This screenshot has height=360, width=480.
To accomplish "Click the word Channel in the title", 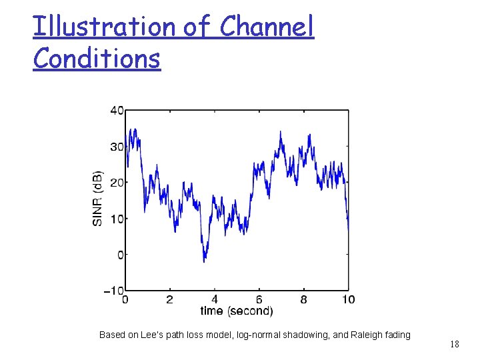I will [x=267, y=27].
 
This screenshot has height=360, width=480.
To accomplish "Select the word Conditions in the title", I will [x=97, y=59].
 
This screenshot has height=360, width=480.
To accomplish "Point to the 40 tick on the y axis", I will [x=116, y=111].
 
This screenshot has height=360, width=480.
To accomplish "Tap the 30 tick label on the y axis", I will [x=116, y=147].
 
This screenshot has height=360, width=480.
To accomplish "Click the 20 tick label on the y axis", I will [x=116, y=183].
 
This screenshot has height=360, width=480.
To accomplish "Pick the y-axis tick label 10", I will [x=116, y=219].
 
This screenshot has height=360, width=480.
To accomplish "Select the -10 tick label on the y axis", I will [x=114, y=291].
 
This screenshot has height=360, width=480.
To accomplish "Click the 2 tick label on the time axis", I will [x=169, y=300].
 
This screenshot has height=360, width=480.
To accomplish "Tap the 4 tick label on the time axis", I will [x=214, y=300].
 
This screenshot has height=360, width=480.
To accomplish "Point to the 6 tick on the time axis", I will [x=259, y=300].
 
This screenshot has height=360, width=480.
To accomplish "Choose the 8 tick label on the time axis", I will [x=303, y=300].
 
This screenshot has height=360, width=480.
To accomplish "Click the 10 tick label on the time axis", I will [x=347, y=300].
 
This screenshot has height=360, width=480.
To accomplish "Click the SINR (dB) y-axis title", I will [x=97, y=199].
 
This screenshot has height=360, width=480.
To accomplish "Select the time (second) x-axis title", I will [x=237, y=311].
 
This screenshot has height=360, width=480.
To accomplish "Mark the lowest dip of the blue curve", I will [x=205, y=261].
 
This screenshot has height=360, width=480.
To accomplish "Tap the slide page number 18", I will [x=454, y=345].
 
